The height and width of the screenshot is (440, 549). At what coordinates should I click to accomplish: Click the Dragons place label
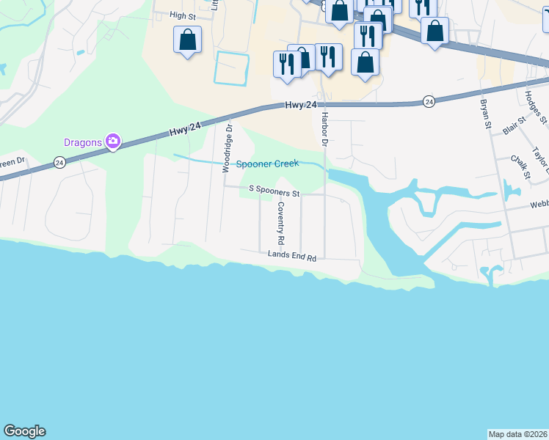[82, 142]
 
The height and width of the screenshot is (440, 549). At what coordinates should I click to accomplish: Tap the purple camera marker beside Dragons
[112, 141]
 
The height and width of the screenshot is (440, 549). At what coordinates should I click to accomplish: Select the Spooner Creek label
[267, 164]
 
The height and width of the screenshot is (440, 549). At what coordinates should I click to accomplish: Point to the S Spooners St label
[274, 189]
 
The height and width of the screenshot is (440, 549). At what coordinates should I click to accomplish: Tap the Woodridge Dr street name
[228, 147]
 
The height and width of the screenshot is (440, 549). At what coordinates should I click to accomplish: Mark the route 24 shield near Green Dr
[59, 162]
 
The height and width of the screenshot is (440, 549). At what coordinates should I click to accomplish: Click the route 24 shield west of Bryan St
[429, 100]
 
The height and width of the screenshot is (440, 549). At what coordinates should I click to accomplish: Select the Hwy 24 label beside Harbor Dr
[301, 106]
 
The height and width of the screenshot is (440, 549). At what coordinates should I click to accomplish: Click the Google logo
[24, 431]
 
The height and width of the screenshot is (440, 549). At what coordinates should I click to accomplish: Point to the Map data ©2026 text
[518, 433]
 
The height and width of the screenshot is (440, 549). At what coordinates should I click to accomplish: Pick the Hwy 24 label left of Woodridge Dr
[185, 130]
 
